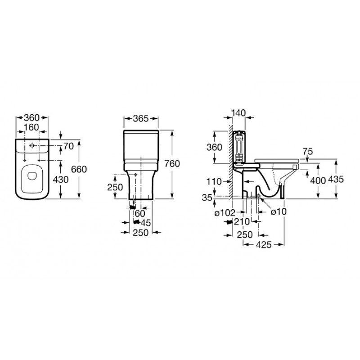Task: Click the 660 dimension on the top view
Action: click(x=79, y=170)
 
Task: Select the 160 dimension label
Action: click(x=31, y=127)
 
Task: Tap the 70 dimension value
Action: click(x=68, y=146)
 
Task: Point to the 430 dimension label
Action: click(x=61, y=180)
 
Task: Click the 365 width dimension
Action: click(x=141, y=118)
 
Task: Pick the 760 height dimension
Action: click(x=172, y=164)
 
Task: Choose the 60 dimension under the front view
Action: click(x=140, y=213)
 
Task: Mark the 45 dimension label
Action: click(x=145, y=223)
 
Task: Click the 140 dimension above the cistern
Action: click(x=238, y=113)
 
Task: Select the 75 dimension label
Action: click(x=307, y=152)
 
